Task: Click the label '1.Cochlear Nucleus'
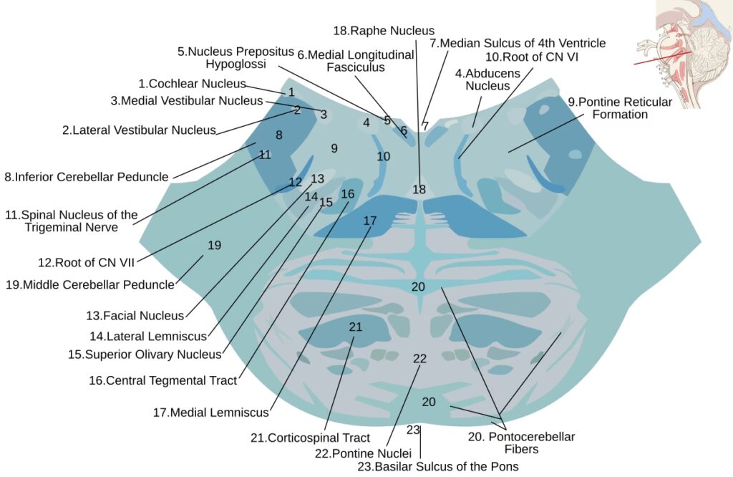pos(192,84)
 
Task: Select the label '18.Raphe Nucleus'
pos(384,30)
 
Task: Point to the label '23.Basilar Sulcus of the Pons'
pos(437,466)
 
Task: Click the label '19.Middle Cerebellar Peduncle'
pos(89,284)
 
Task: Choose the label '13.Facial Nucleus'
pos(135,315)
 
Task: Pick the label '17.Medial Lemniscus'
pos(210,413)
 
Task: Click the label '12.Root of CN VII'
pos(86,262)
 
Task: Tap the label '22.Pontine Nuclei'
pos(363,453)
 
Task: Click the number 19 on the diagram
pos(214,246)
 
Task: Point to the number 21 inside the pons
pos(356,327)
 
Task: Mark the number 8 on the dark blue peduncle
pos(278,135)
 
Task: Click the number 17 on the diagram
pos(369,221)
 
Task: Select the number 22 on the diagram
pos(419,358)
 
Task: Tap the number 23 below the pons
pos(412,430)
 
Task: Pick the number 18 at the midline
pos(419,190)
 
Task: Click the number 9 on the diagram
pos(334,148)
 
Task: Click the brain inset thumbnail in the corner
pos(684,54)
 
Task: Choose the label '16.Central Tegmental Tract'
pos(162,381)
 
